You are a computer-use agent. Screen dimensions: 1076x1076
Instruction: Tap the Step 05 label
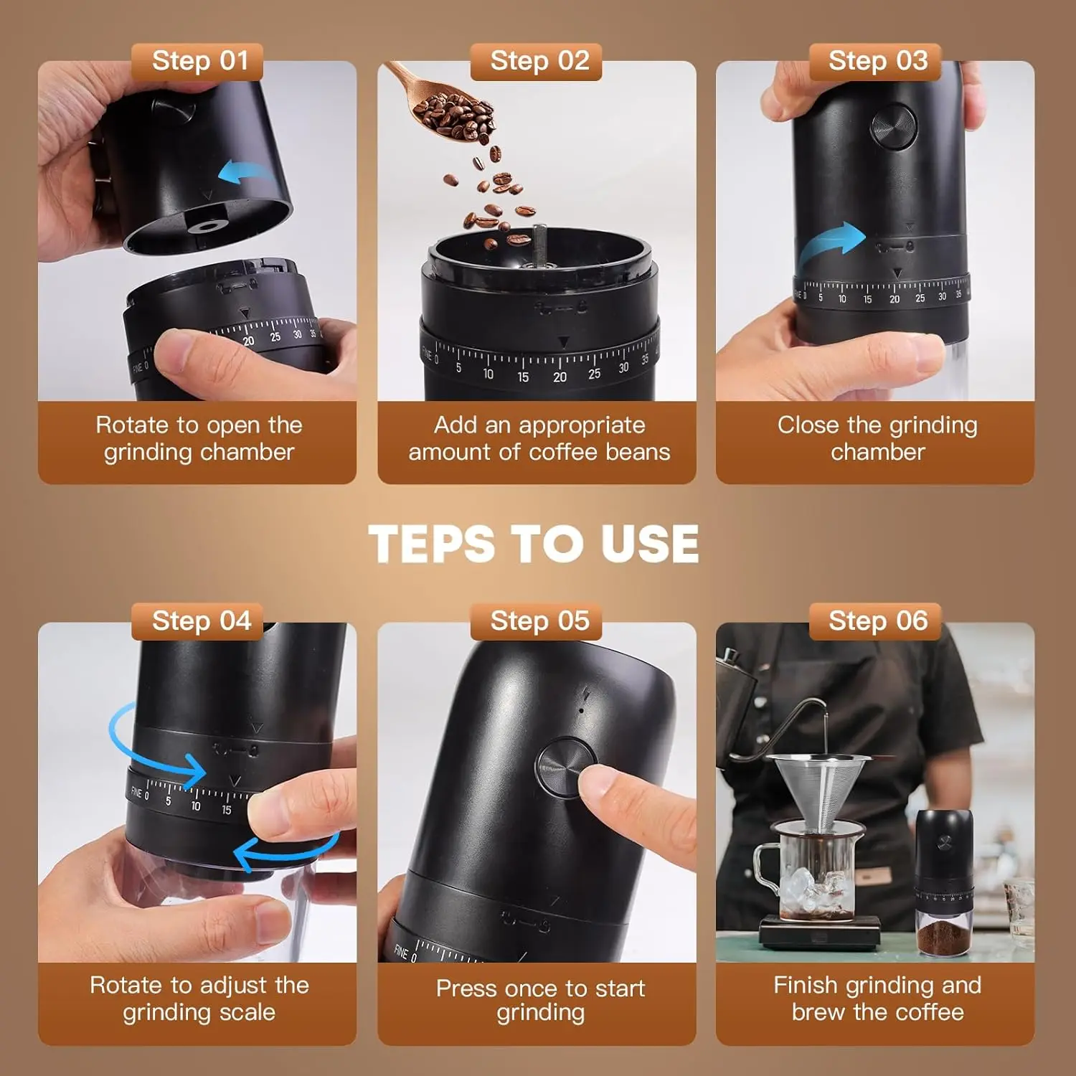(x=539, y=621)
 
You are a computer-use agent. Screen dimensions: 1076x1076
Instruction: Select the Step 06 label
(x=877, y=621)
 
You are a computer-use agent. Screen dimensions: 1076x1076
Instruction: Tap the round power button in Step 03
(x=893, y=127)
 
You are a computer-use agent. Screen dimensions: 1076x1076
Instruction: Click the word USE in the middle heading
(x=650, y=543)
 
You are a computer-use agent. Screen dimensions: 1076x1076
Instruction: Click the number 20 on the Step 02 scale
(x=560, y=377)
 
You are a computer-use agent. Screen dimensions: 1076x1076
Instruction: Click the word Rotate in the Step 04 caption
(x=126, y=986)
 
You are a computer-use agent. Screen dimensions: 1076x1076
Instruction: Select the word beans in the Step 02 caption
(x=638, y=453)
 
